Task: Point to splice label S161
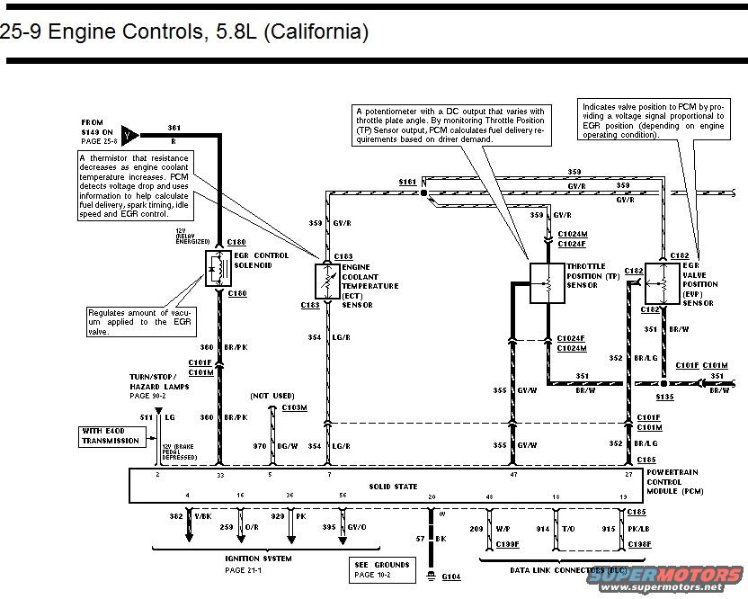click(x=407, y=182)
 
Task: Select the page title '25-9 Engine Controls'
click(x=184, y=32)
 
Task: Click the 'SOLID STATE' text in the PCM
click(x=393, y=487)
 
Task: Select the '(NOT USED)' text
click(x=272, y=396)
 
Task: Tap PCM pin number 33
click(x=219, y=473)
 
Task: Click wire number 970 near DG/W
click(x=261, y=446)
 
